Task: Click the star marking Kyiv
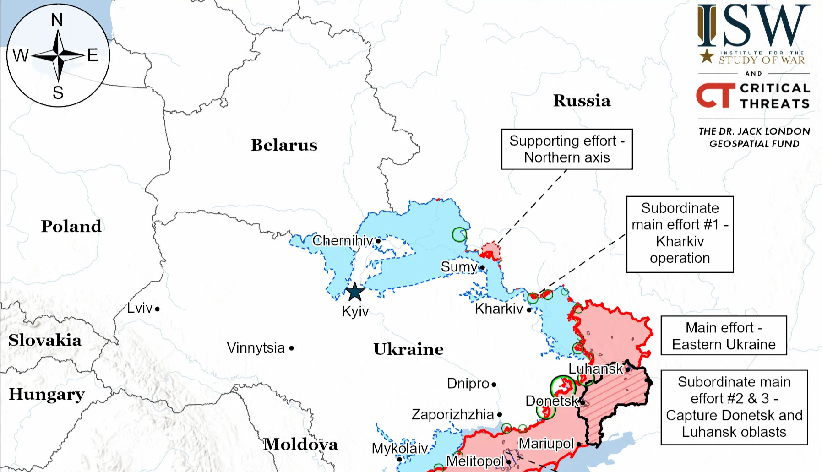(355, 292)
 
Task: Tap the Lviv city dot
(157, 309)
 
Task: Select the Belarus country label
(284, 145)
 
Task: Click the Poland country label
(71, 226)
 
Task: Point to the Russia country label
(582, 101)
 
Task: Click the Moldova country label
(300, 444)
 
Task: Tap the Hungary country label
(46, 394)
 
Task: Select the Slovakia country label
(44, 340)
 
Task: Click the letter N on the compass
(57, 20)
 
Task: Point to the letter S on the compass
(58, 93)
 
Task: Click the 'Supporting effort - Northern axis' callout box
(566, 149)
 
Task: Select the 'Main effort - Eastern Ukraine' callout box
(724, 336)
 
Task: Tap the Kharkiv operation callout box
(680, 234)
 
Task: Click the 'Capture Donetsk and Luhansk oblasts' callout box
(734, 407)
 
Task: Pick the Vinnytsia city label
(256, 348)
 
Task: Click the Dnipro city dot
(494, 385)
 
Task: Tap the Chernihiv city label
(342, 240)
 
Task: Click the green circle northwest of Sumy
(459, 234)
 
